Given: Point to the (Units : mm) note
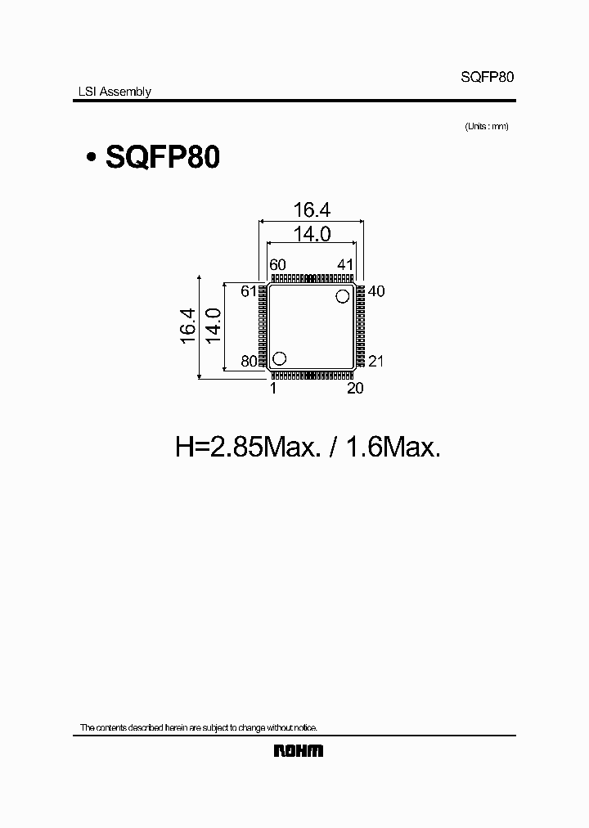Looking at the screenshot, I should pyautogui.click(x=487, y=126).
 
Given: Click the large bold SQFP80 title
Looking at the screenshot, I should pyautogui.click(x=163, y=157).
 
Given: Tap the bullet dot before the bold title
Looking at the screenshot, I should pyautogui.click(x=90, y=158).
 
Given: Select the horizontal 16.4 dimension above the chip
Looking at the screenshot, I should pyautogui.click(x=311, y=210).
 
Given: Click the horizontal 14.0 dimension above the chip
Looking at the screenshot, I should pyautogui.click(x=311, y=234).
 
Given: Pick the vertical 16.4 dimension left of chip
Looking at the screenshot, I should pyautogui.click(x=187, y=326).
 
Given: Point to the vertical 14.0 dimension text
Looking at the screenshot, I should pyautogui.click(x=212, y=326).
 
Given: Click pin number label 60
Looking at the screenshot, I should pyautogui.click(x=278, y=264).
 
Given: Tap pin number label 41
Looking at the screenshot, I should pyautogui.click(x=344, y=264).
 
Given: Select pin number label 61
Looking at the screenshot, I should pyautogui.click(x=250, y=291).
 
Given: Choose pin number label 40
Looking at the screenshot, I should pyautogui.click(x=376, y=291).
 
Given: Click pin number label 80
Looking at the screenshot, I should pyautogui.click(x=250, y=361).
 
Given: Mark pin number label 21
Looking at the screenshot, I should pyautogui.click(x=376, y=361).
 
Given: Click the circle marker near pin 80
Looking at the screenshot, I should pyautogui.click(x=279, y=358).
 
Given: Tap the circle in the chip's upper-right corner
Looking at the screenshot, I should pyautogui.click(x=343, y=297).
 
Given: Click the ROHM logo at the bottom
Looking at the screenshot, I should pyautogui.click(x=298, y=751).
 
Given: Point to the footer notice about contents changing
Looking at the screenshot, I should pyautogui.click(x=198, y=727).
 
